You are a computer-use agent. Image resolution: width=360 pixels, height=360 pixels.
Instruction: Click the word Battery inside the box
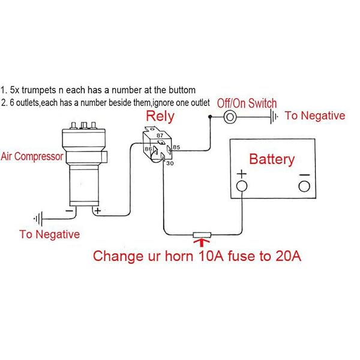(272, 160)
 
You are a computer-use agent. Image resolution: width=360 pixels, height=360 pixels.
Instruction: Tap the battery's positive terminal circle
(241, 186)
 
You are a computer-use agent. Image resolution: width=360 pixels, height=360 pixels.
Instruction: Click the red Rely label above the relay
(160, 116)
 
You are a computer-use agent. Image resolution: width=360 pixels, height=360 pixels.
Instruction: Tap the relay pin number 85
(177, 146)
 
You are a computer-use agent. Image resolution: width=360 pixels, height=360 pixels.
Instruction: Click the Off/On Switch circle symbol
(230, 117)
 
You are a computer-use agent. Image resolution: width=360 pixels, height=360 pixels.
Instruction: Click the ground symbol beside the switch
(273, 117)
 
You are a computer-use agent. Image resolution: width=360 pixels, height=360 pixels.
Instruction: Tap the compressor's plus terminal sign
(97, 211)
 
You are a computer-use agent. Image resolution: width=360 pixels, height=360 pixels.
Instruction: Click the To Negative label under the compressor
(49, 234)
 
